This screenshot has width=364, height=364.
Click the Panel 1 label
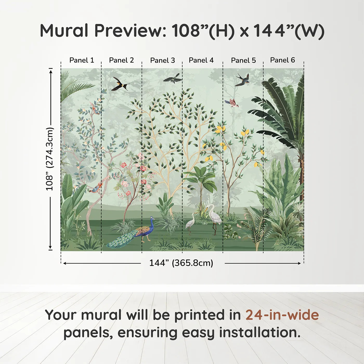tap(82, 60)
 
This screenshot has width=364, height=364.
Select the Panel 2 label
tap(121, 60)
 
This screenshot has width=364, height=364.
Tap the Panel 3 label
tap(162, 61)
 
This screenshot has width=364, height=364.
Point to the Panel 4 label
tap(201, 60)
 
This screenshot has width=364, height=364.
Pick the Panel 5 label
tap(243, 61)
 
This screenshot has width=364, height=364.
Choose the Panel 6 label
tap(283, 60)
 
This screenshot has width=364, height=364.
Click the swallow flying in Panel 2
tap(120, 84)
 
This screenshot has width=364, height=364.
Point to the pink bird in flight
tap(232, 103)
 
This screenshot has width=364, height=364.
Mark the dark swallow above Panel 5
tap(243, 80)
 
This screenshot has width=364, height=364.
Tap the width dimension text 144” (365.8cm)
tap(181, 263)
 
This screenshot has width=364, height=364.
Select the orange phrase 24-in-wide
tap(282, 315)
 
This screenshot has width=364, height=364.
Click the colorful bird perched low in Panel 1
tap(96, 188)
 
